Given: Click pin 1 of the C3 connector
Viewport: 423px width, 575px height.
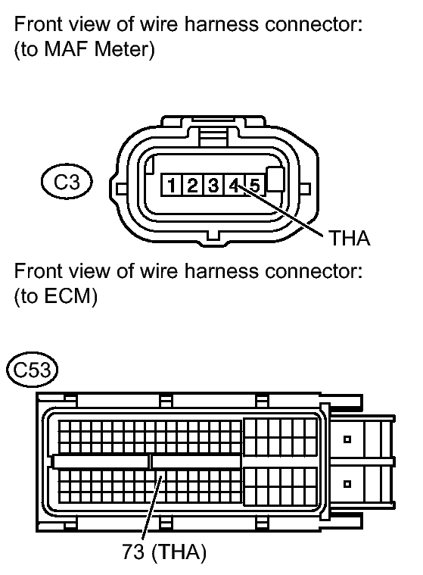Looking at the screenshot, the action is [x=172, y=185].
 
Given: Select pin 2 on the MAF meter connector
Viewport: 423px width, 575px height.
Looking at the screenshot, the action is [x=192, y=185].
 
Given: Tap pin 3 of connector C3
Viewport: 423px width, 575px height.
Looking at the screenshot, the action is [x=213, y=185].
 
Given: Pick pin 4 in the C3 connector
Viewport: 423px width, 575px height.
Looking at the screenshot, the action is [x=234, y=185].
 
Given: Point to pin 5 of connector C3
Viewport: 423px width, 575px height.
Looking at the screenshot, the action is [x=255, y=185].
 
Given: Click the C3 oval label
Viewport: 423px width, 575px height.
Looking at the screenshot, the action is [x=67, y=182].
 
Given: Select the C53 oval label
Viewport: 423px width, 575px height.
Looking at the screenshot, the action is [x=33, y=370].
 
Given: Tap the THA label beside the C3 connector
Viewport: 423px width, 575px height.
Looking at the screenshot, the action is [x=350, y=238].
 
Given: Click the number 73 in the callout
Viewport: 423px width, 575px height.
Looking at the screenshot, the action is [x=133, y=552].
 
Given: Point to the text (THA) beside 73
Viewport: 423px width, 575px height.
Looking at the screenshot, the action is [x=179, y=552].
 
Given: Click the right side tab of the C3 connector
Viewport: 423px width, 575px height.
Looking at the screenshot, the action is [x=305, y=189].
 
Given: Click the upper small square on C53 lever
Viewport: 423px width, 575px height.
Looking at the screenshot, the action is [x=347, y=439].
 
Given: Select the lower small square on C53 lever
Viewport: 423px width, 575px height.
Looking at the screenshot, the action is [x=347, y=484].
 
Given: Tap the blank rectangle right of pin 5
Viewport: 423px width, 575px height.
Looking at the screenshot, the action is [x=275, y=179].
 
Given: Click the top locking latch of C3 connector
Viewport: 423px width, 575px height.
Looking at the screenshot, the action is [x=213, y=136].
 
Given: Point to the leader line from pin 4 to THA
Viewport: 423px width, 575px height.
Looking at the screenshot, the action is [x=280, y=210].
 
